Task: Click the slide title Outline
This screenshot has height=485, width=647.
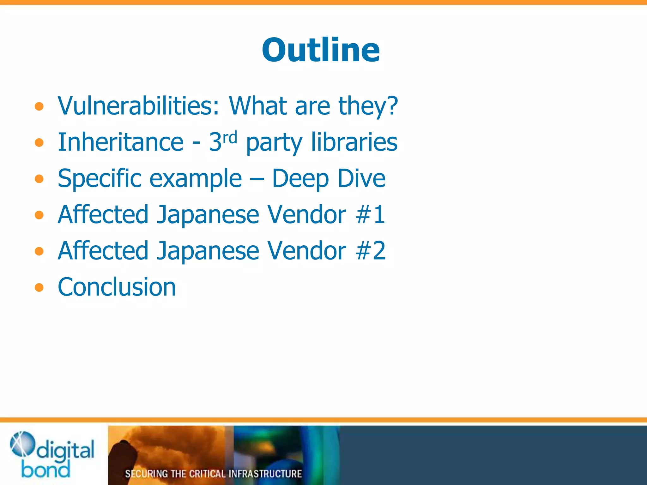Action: point(321,50)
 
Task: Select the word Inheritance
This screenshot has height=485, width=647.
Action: point(120,142)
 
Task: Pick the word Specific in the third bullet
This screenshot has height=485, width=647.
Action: point(100,179)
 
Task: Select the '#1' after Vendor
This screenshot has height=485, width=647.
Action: point(370,214)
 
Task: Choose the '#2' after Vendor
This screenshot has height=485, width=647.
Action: point(370,251)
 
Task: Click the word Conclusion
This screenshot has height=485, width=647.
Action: point(117,287)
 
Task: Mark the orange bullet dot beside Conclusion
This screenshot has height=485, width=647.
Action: point(39,288)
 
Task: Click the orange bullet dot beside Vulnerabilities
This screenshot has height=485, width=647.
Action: point(39,106)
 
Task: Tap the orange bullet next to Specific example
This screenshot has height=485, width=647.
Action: point(39,179)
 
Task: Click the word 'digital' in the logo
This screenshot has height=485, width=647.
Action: point(65,450)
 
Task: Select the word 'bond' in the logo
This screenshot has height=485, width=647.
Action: point(45,470)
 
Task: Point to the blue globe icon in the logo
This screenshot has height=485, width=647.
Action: point(22,444)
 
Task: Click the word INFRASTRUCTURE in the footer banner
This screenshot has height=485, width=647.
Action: point(265,474)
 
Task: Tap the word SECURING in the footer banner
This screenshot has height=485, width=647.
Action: point(146,474)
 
